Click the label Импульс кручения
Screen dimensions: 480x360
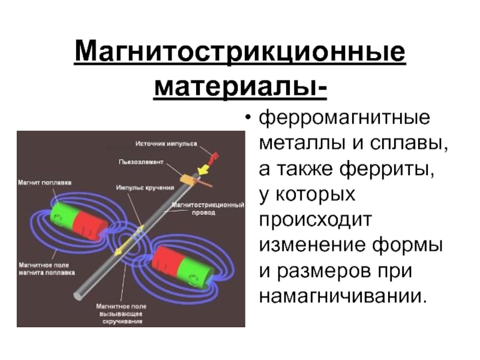click(142, 187)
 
